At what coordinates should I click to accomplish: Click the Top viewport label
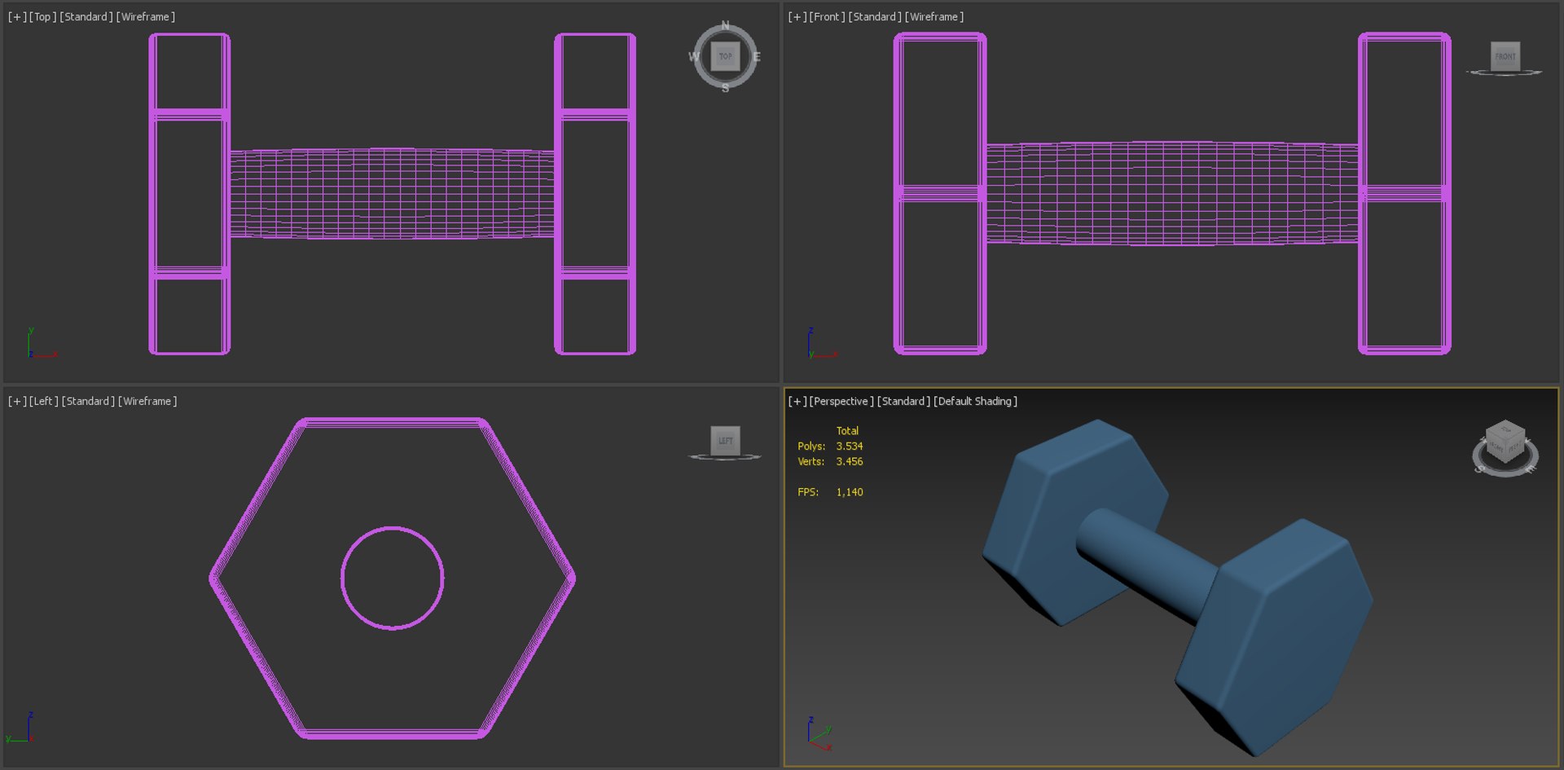[42, 17]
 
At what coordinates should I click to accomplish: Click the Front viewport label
[826, 17]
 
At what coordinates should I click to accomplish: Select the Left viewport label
[43, 402]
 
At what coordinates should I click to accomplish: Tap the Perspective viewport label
[841, 402]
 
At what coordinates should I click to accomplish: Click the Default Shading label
[975, 402]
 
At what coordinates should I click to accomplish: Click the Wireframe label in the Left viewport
[147, 402]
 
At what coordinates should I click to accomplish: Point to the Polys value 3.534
[850, 447]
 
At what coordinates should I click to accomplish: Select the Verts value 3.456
[850, 462]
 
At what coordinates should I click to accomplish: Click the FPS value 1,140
[850, 492]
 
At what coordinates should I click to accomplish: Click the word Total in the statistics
[847, 431]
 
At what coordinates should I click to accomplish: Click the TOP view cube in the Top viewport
[725, 56]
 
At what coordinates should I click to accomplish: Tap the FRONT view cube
[1505, 56]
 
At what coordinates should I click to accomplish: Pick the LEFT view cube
[725, 441]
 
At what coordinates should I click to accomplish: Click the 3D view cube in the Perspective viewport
[1505, 442]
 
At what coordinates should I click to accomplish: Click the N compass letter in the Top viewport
[725, 25]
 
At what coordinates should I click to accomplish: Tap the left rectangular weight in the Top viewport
[189, 194]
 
